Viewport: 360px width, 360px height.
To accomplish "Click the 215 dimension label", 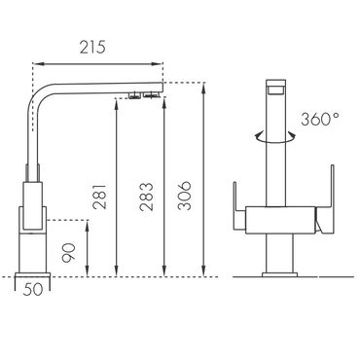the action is [92, 48].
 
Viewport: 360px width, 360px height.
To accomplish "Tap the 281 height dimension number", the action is [99, 197].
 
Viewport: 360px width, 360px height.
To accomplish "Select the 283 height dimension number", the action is [146, 197].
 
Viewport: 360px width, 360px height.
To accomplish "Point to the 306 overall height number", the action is [185, 196].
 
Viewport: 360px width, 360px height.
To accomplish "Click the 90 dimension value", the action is [69, 252].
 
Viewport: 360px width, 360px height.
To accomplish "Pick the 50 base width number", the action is [33, 289].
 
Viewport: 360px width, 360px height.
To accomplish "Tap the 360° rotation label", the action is [320, 119].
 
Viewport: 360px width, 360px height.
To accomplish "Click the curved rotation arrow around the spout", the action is [275, 138].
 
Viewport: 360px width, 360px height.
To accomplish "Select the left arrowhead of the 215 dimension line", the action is [36, 64].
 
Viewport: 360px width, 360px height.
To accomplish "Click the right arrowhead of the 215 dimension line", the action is [159, 64].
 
